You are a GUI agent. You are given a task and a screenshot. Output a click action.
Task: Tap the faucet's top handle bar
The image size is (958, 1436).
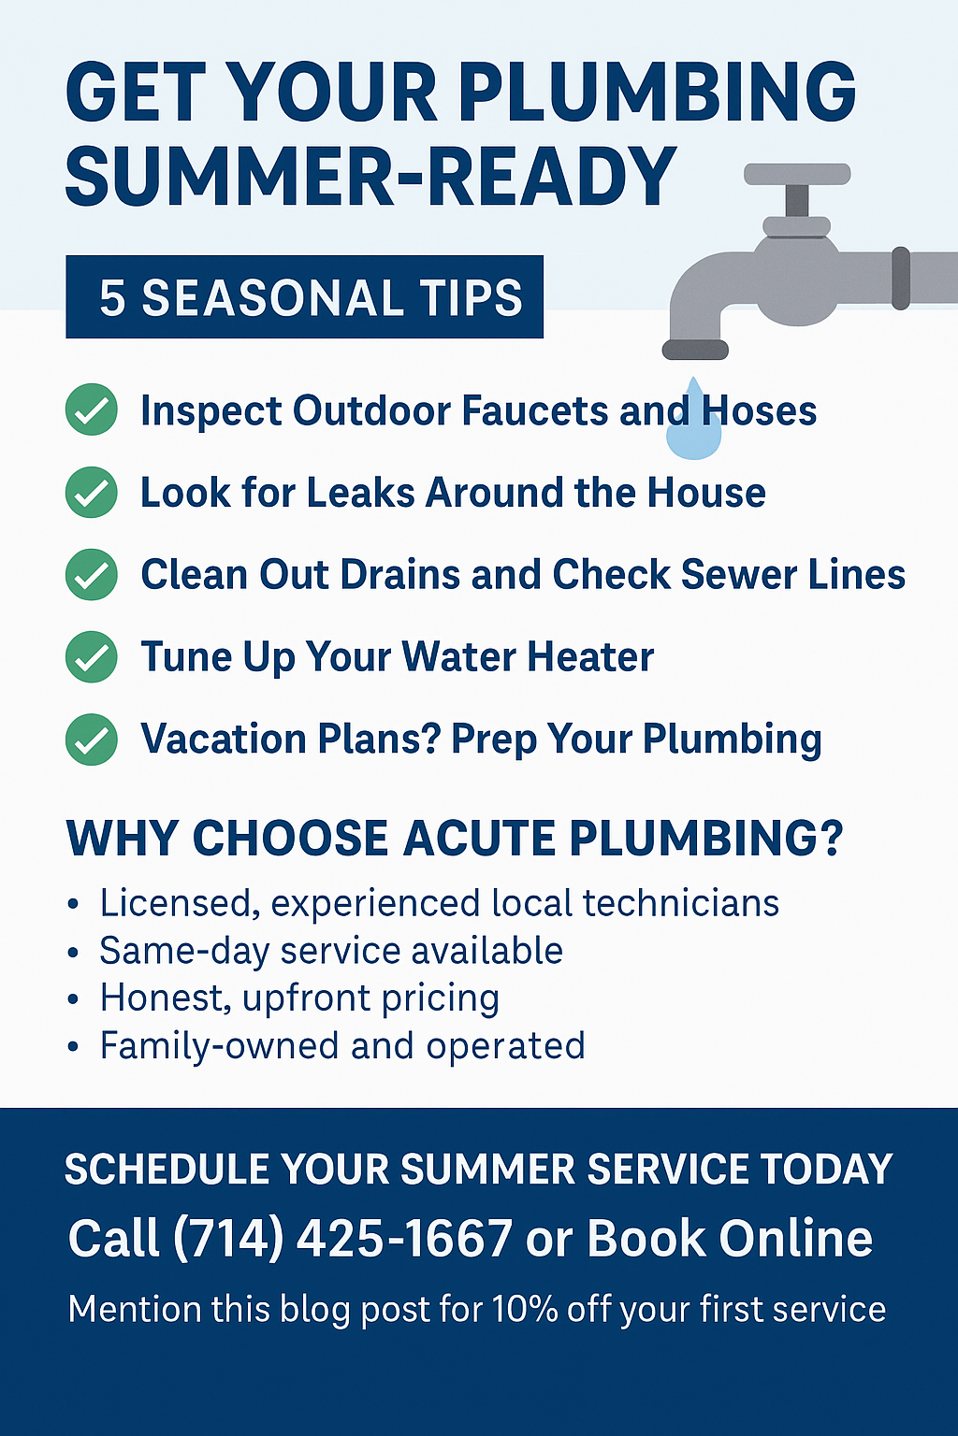click(x=797, y=174)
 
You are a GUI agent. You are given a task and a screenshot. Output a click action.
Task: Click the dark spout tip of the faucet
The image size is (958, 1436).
click(x=695, y=350)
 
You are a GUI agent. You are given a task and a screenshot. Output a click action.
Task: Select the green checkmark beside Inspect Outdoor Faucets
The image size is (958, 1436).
click(x=91, y=409)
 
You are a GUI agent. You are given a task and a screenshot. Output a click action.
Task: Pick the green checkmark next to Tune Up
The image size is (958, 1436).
click(x=91, y=656)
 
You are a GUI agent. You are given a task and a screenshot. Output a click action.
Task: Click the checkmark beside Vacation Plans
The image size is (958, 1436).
click(x=91, y=740)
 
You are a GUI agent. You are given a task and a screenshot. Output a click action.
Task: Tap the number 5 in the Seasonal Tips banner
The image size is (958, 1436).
click(x=112, y=298)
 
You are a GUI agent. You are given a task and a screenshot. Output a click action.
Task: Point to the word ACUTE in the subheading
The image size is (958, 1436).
click(x=478, y=838)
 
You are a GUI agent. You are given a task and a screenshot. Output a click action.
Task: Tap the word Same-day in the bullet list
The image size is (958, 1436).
click(x=184, y=952)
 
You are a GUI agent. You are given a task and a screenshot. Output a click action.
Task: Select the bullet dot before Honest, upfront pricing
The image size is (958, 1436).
click(x=73, y=998)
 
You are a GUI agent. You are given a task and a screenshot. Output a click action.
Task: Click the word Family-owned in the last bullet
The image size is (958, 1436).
click(x=220, y=1045)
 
